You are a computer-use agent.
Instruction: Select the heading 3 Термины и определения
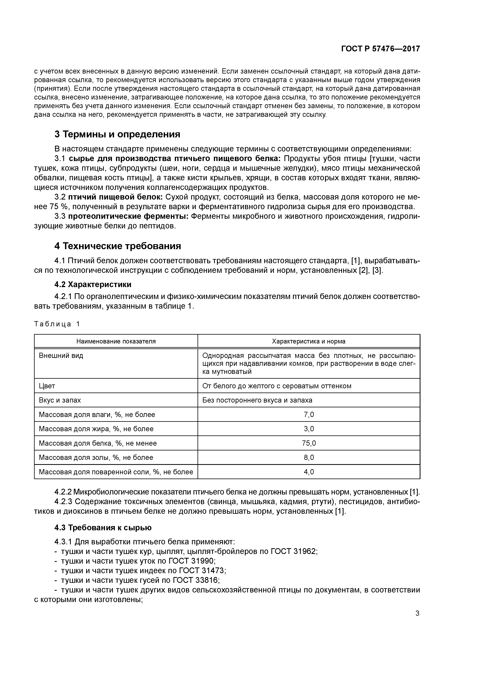pos(117,134)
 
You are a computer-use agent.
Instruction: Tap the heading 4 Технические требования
pos(118,246)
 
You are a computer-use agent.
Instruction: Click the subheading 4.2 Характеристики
pos(93,285)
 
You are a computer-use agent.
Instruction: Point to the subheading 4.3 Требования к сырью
pos(103,528)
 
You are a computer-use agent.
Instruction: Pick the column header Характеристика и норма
pos(309,341)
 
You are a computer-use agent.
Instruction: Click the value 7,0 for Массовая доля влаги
pos(309,414)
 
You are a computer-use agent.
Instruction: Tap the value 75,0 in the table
pos(309,443)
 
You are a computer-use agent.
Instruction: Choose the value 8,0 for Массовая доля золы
pos(309,457)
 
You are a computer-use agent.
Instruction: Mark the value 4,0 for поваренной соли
pos(309,472)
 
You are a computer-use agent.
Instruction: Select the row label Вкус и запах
pos(60,400)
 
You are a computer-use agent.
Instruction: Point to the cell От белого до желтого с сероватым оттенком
pos(277,386)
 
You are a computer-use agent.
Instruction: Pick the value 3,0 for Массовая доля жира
pos(309,429)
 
